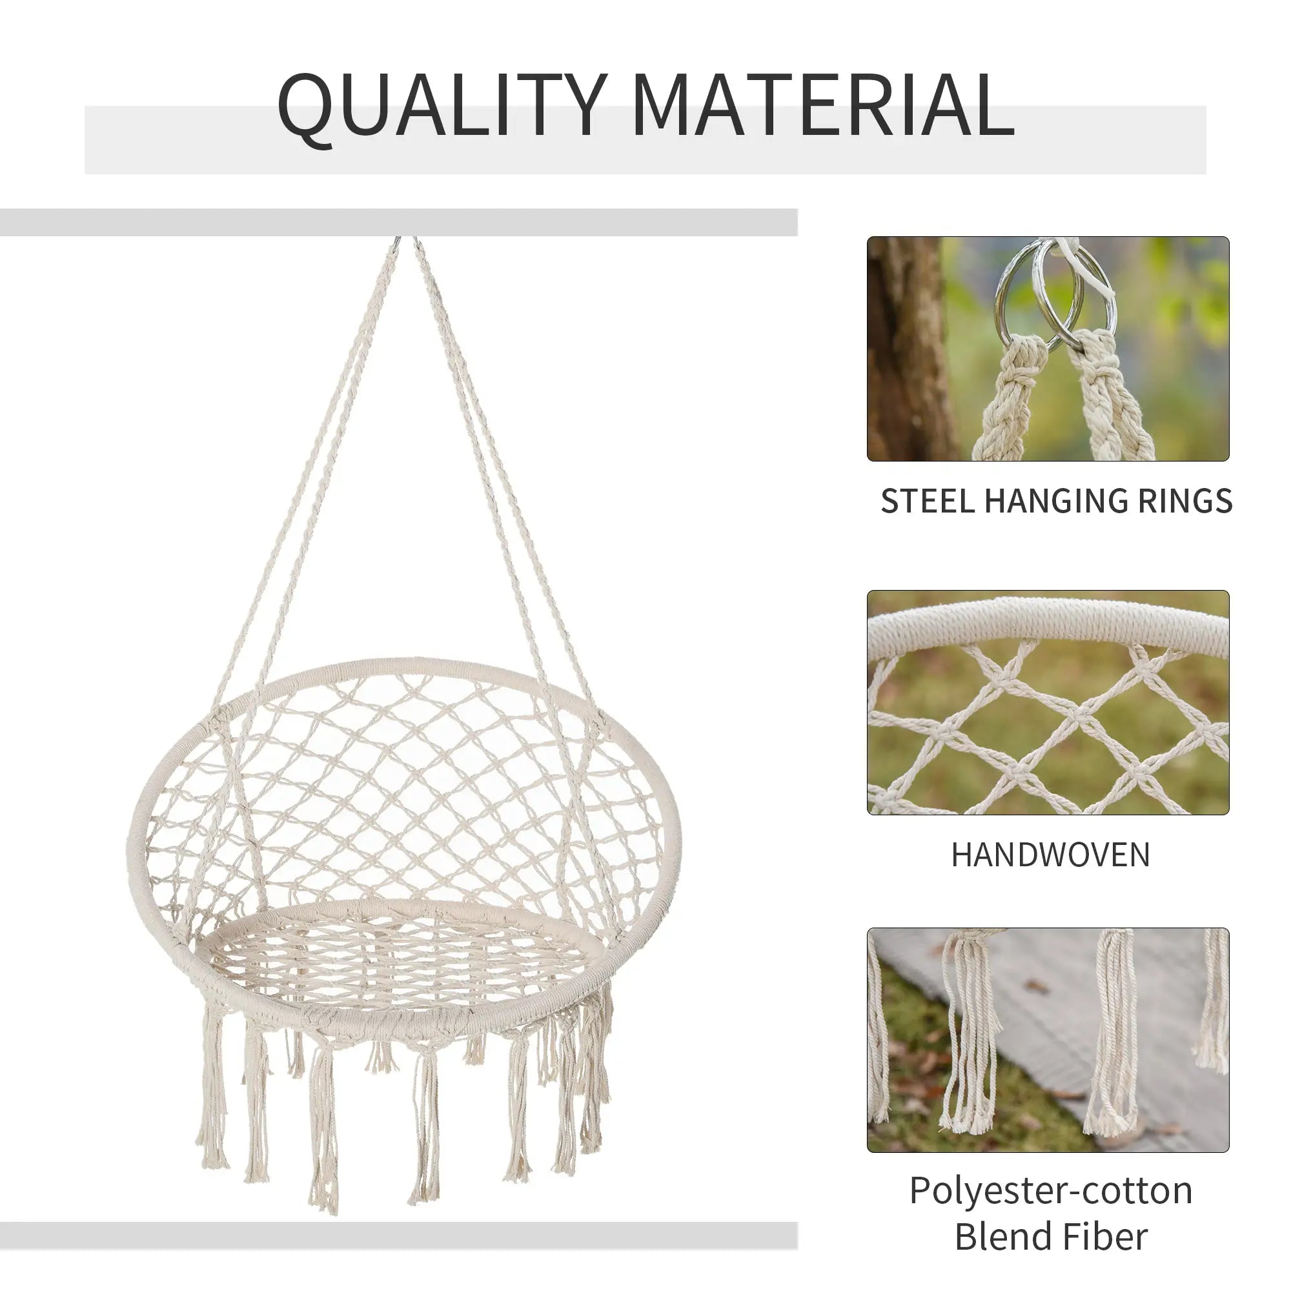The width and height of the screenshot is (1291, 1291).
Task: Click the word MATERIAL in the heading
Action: pos(823,106)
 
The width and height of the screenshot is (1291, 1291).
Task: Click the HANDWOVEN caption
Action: pos(1050,855)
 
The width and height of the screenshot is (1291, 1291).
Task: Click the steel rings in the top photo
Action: pos(1056,294)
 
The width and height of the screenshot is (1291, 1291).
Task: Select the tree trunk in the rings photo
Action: pos(902,347)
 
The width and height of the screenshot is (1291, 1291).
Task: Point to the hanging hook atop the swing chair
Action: pos(406,242)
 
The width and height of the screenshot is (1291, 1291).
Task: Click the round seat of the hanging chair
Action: pos(401,962)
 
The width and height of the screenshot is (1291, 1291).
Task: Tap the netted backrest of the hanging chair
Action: pos(401,768)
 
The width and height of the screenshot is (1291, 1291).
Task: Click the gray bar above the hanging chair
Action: pos(398,222)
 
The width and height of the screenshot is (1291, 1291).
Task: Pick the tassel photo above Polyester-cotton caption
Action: pos(1048,1040)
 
